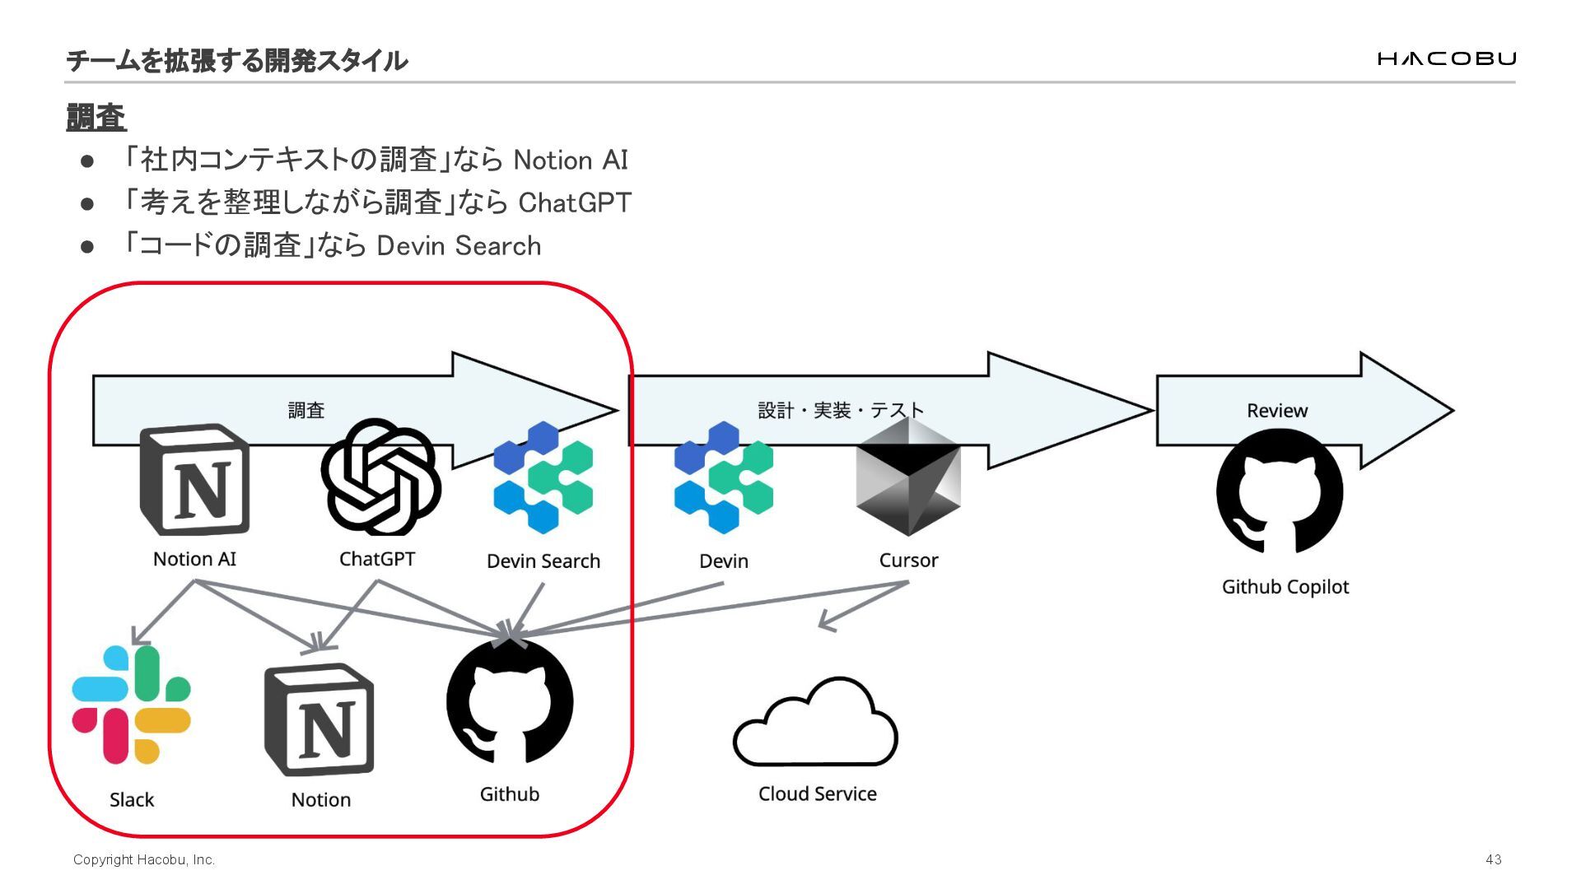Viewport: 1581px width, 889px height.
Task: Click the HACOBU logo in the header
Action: click(x=1446, y=58)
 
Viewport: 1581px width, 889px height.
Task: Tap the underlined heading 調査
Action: click(x=96, y=117)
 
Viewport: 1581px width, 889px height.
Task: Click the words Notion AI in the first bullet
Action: click(x=571, y=160)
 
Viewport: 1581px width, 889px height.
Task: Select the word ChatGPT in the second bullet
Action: click(x=575, y=202)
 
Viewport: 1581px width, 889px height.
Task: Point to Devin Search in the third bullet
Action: click(x=459, y=245)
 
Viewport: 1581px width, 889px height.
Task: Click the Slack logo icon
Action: click(x=132, y=705)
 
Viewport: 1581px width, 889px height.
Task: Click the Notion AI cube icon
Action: click(x=195, y=480)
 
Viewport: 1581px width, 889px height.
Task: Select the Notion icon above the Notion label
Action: click(x=319, y=719)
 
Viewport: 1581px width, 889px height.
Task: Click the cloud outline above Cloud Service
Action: click(x=815, y=724)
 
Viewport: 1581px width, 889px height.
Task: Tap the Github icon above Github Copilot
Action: click(x=1280, y=491)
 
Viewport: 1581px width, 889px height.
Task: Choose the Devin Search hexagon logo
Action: click(x=543, y=477)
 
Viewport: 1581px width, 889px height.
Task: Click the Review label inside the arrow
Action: click(x=1276, y=411)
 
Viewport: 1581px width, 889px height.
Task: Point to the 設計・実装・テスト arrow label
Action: click(x=841, y=410)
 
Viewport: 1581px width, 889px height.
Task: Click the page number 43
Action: click(x=1494, y=859)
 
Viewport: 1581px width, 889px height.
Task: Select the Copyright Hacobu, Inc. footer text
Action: click(x=144, y=859)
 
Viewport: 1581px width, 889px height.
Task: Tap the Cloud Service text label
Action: click(x=817, y=794)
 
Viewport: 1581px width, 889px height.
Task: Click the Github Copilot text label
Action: click(x=1285, y=587)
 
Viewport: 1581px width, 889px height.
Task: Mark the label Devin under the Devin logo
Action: click(x=723, y=561)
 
